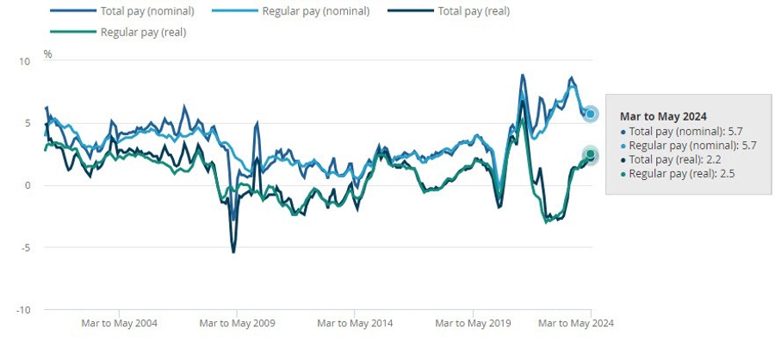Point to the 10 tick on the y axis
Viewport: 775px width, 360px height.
[25, 61]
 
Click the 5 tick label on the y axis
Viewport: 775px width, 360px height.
[28, 123]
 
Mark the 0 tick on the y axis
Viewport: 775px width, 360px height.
[28, 185]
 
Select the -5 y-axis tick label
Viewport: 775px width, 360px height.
[26, 247]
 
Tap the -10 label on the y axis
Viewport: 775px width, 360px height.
[24, 309]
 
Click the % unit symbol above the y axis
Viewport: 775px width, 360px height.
[48, 54]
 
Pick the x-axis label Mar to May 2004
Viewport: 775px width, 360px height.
[118, 324]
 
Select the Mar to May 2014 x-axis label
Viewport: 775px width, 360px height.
[354, 324]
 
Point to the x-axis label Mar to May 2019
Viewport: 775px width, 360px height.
[472, 324]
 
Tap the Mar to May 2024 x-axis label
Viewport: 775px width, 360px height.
[575, 324]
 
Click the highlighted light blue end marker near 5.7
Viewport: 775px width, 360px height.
[591, 114]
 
